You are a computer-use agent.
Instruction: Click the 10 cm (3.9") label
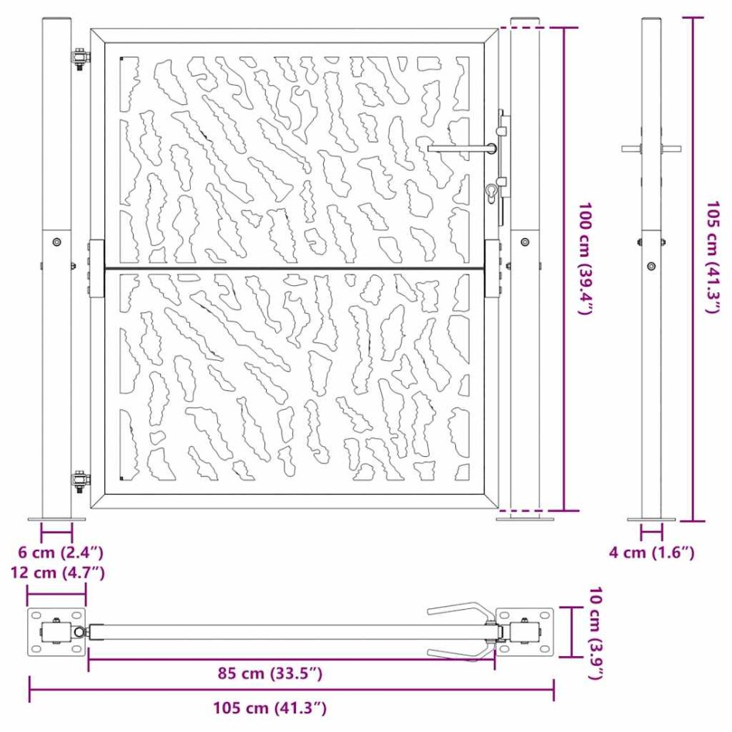pos(594,632)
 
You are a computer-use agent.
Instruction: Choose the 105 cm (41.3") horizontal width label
pos(270,707)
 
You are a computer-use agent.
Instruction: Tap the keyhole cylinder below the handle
pos(492,191)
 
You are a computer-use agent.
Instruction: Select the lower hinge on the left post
pos(80,482)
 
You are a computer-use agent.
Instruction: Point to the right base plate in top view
pos(525,632)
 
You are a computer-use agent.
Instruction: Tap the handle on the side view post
pos(651,148)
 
